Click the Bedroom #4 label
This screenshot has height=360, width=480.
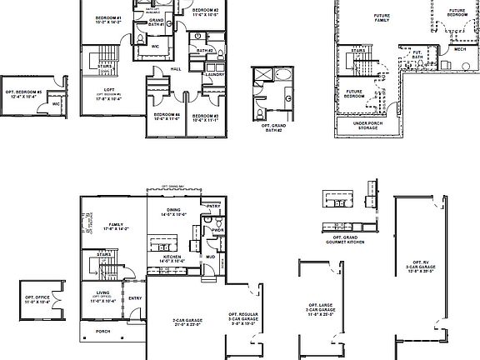[166, 116]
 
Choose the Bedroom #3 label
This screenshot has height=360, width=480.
[204, 116]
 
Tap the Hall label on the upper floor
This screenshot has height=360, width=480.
[177, 69]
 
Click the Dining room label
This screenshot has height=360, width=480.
[172, 212]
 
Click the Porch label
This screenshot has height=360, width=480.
[102, 330]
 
